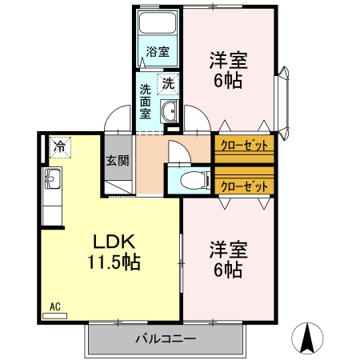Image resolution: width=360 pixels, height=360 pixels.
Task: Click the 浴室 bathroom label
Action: tap(158, 53)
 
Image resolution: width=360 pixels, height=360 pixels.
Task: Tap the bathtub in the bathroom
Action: tap(158, 26)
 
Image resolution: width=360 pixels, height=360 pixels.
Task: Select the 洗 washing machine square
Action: tap(168, 82)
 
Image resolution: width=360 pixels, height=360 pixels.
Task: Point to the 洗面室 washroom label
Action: tap(146, 102)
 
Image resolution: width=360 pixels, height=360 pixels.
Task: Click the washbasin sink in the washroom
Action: tap(170, 111)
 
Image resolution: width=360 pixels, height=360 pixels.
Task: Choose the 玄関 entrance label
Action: tap(118, 159)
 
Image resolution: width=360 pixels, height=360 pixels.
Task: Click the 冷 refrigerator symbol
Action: tap(60, 146)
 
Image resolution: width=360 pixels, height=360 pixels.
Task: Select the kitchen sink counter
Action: tap(51, 196)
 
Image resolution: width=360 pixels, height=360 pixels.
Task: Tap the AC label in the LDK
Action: tap(55, 306)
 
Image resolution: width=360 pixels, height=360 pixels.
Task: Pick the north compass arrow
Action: tap(307, 338)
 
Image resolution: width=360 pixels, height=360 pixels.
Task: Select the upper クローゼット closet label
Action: tap(244, 146)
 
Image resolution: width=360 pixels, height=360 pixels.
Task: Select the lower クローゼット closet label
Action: tap(244, 186)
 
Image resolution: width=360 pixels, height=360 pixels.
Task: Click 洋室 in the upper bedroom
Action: tap(228, 60)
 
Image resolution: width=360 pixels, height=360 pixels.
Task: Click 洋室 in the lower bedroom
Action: tap(228, 249)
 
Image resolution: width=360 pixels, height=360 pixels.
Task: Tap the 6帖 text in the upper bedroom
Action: tap(228, 81)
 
